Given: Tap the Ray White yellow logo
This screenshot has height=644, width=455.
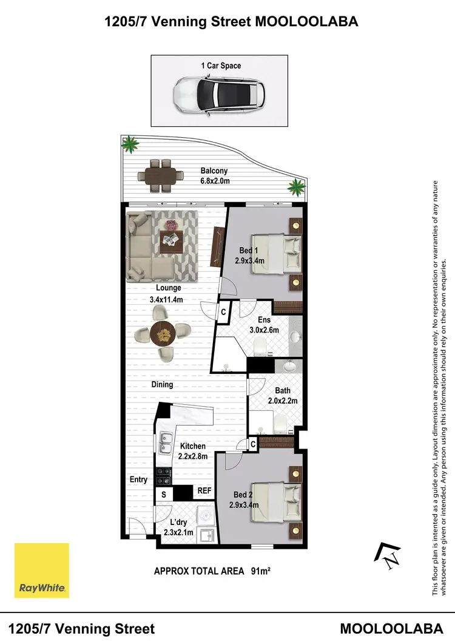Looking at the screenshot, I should pos(42,570).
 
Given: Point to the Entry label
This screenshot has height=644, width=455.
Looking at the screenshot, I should pos(138,480).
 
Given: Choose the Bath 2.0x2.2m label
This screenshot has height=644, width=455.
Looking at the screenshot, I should pos(283,396).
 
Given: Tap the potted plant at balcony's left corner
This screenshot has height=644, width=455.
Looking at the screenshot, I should pos(129,144).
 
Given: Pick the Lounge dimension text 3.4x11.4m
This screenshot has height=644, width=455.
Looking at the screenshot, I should pos(166,299).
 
